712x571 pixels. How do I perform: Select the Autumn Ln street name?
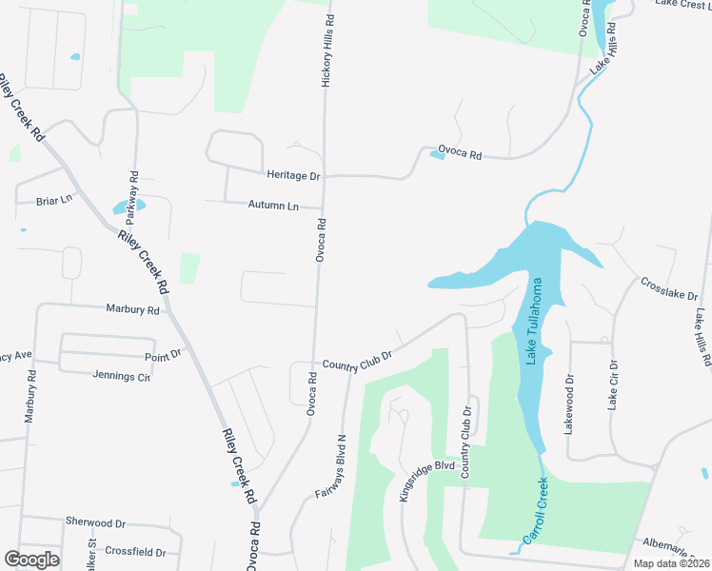[x=273, y=206]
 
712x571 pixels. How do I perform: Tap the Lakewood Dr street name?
[x=569, y=404]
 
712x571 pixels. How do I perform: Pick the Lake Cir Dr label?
[x=613, y=385]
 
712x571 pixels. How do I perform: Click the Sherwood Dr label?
[x=95, y=522]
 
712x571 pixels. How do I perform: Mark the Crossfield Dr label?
[x=135, y=552]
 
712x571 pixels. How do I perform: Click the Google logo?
[x=31, y=560]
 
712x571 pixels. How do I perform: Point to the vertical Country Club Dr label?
[x=466, y=443]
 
